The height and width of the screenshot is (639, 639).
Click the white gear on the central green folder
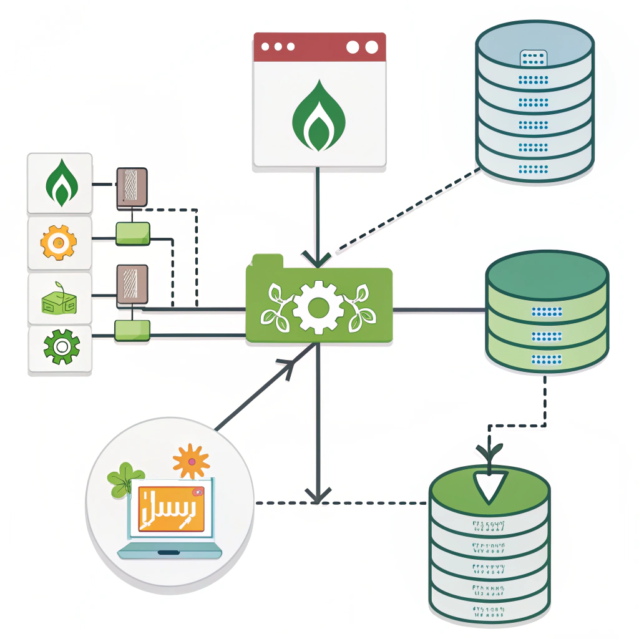click(318, 306)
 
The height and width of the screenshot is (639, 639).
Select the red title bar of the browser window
click(319, 47)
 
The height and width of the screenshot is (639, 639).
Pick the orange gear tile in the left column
click(59, 243)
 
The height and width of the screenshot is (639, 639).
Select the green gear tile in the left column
click(60, 348)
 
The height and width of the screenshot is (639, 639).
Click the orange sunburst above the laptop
click(190, 461)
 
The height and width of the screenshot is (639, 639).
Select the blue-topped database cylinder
click(534, 100)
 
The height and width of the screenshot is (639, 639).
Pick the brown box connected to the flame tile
click(132, 188)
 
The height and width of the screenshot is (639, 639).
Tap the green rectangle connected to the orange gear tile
click(133, 233)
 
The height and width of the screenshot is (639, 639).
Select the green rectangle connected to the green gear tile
click(132, 331)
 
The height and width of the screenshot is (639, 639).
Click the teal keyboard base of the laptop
click(170, 550)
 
